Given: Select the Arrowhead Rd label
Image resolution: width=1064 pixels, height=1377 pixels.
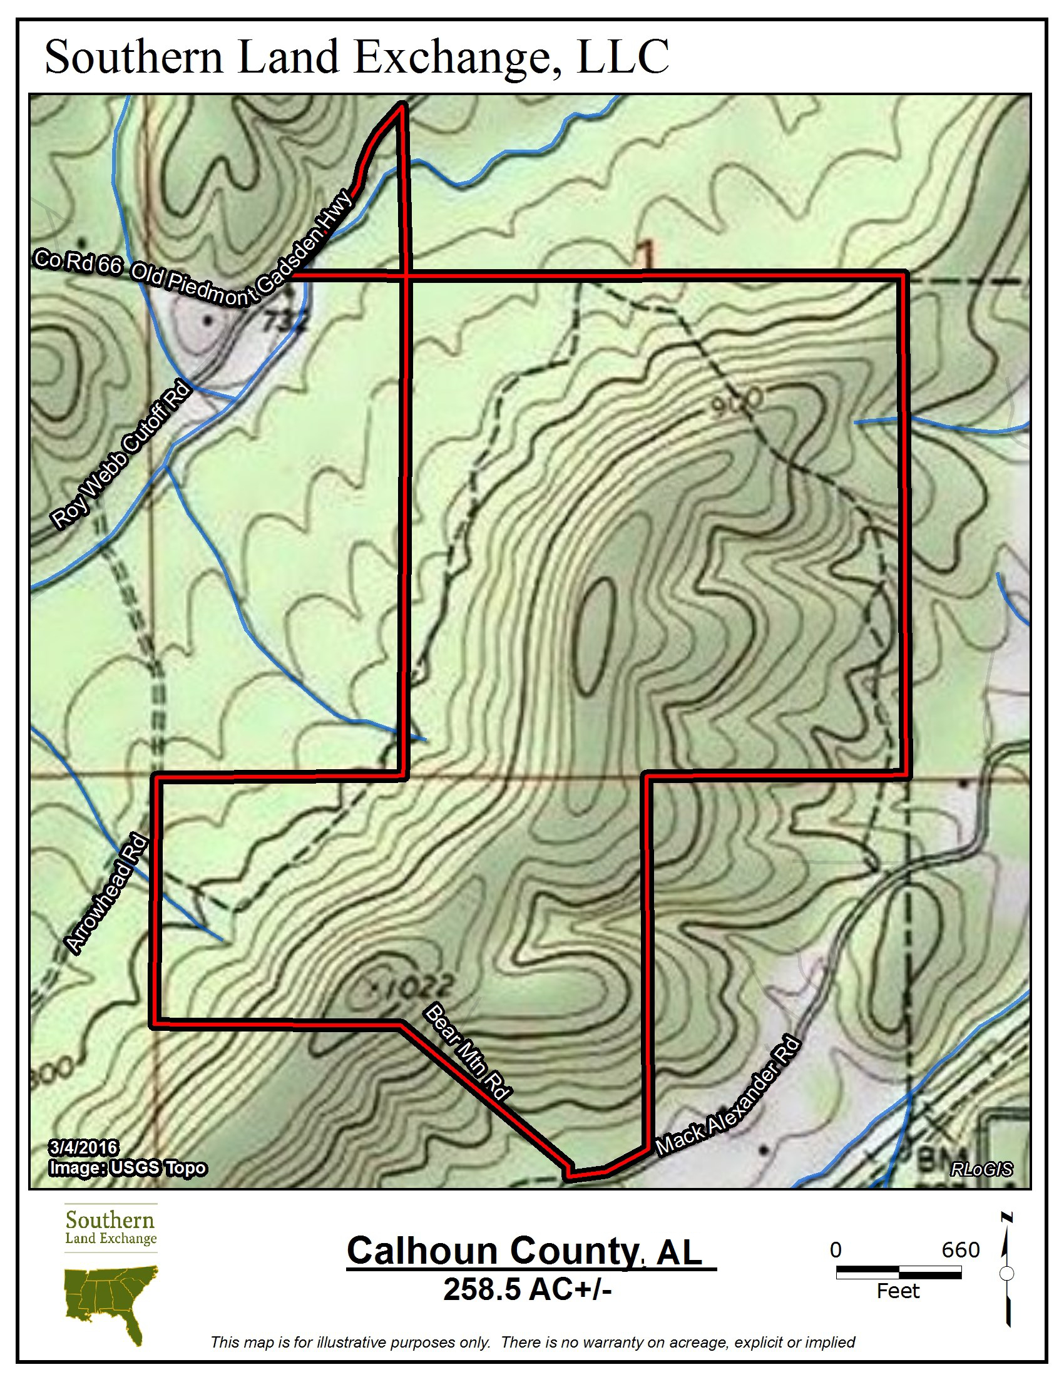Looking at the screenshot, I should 106,893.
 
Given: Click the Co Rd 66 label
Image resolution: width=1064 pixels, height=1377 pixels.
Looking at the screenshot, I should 78,261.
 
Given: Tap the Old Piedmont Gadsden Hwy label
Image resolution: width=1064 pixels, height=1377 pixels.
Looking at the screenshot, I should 243,255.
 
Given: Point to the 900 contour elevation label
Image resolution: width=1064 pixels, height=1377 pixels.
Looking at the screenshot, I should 737,402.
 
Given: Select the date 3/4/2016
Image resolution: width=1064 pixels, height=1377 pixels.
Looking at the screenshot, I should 83,1147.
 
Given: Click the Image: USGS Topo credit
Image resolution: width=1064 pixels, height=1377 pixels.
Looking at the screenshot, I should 128,1168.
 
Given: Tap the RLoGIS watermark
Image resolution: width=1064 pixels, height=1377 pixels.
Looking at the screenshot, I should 981,1170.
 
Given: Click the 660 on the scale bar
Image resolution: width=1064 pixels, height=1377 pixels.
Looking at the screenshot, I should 960,1250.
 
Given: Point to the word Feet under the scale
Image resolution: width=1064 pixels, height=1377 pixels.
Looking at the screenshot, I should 898,1291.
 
